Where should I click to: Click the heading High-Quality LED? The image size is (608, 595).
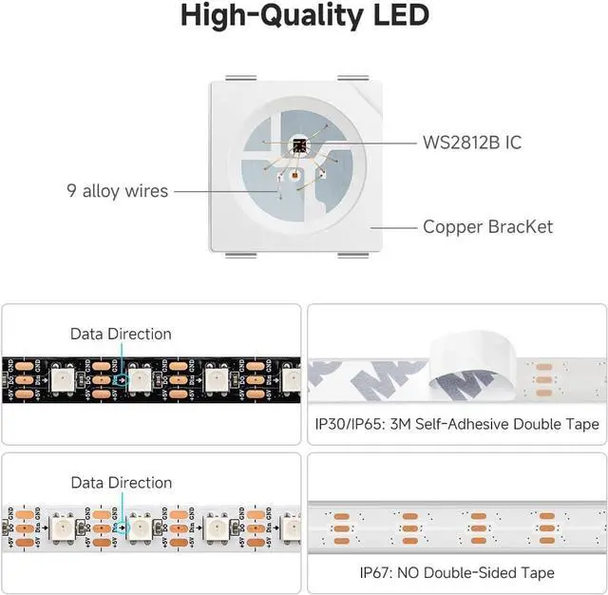tap(304, 16)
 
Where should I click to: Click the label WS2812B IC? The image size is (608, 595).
tap(472, 144)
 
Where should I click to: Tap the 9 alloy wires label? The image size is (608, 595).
tap(117, 191)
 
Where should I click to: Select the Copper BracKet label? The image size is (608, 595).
tap(487, 226)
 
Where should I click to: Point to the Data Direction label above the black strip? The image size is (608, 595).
tap(121, 334)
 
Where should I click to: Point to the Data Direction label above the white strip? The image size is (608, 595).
tap(121, 483)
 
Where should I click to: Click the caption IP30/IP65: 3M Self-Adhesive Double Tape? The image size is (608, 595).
tap(457, 424)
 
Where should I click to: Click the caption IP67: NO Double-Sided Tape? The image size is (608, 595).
tap(457, 572)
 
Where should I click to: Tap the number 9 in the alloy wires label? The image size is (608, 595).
tap(72, 191)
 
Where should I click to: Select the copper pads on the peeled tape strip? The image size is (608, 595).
tap(544, 374)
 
